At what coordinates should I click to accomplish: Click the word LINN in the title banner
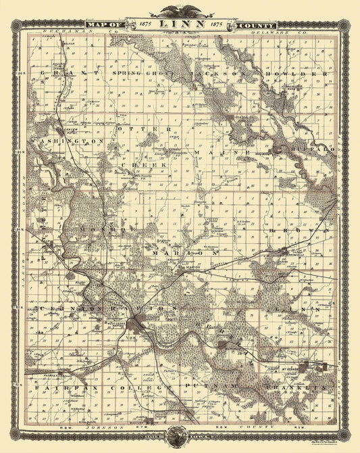pos(180,25)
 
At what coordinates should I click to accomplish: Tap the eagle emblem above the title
pos(180,10)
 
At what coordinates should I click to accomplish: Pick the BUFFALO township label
pos(311,147)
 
